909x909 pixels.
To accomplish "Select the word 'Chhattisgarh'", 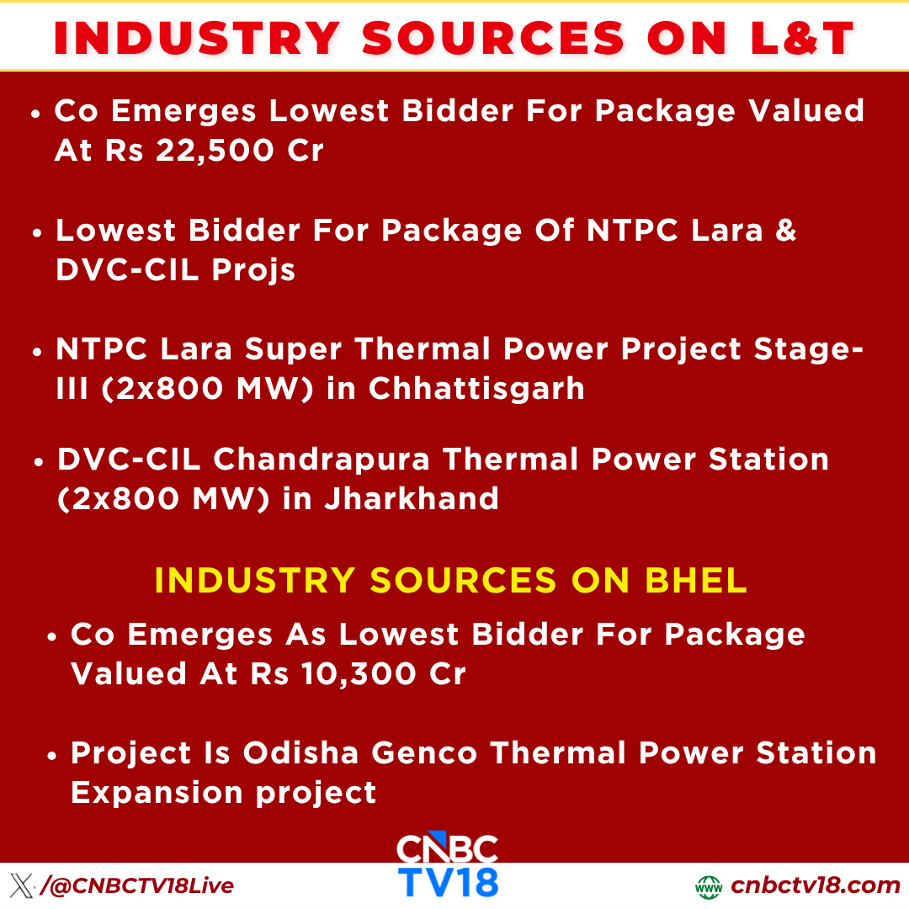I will tap(476, 388).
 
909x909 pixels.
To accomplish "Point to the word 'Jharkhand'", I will tap(411, 498).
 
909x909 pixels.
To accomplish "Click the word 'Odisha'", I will tap(301, 752).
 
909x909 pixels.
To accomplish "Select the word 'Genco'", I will tap(424, 752).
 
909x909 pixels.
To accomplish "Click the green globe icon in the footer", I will tap(709, 887).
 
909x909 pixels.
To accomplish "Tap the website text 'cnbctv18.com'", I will tap(815, 885).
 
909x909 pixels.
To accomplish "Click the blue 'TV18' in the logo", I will tap(448, 880).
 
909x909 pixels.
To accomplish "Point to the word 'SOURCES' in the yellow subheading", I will tap(463, 581).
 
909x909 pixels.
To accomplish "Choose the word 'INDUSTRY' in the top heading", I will tap(198, 38).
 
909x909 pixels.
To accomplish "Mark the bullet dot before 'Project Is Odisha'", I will tap(52, 756).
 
